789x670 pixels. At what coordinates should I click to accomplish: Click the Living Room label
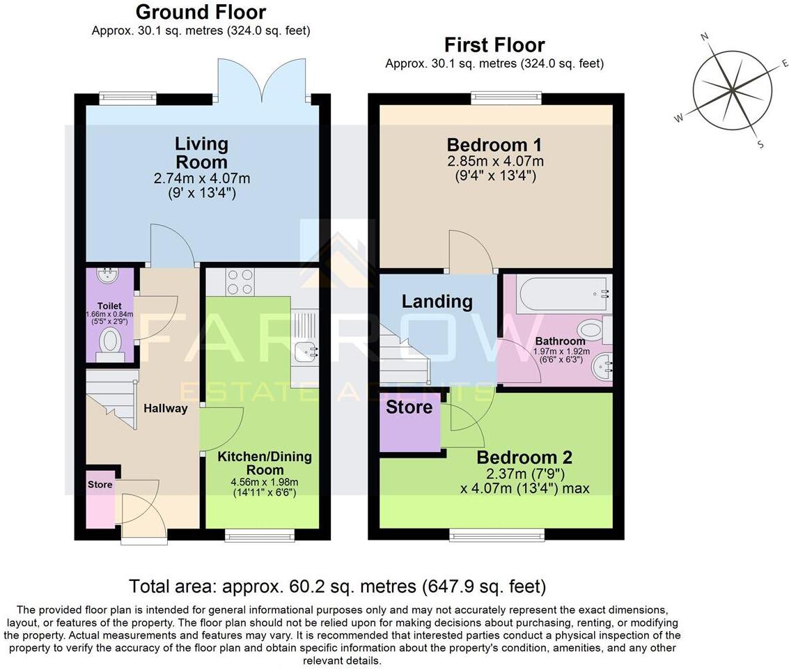(201, 153)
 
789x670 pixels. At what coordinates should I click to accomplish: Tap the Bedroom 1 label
(494, 145)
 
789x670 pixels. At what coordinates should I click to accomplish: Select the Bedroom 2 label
(524, 458)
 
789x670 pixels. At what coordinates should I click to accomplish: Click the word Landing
(437, 301)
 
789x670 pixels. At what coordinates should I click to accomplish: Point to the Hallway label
(165, 408)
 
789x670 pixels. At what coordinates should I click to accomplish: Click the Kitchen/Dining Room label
(265, 464)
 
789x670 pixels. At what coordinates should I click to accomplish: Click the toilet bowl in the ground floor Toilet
(110, 341)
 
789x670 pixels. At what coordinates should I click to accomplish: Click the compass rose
(732, 90)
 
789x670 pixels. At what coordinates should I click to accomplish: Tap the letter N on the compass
(705, 37)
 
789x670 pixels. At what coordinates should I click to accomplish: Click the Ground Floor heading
(201, 12)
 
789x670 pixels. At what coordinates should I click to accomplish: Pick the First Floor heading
(494, 45)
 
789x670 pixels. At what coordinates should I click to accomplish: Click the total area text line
(338, 586)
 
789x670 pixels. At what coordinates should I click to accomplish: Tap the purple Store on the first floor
(409, 425)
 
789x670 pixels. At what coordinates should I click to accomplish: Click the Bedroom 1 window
(506, 98)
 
